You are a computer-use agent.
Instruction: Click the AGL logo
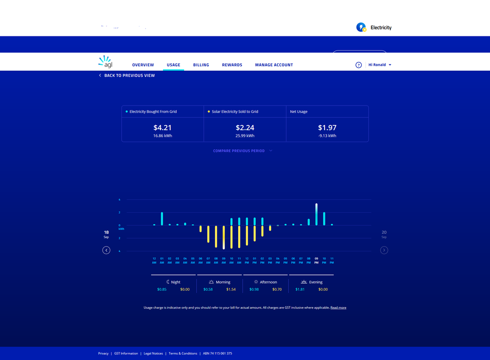(105, 62)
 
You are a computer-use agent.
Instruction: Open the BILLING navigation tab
(201, 65)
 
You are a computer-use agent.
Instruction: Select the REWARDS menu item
(232, 65)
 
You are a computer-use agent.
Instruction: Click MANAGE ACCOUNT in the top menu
(274, 65)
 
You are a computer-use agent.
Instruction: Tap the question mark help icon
(358, 65)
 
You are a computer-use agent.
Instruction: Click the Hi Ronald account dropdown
(380, 65)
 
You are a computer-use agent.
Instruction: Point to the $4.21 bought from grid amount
(163, 128)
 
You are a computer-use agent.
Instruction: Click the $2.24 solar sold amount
(245, 128)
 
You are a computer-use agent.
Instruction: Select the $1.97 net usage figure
(327, 128)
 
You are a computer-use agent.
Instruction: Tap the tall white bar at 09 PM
(316, 214)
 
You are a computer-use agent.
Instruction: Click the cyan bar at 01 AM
(162, 219)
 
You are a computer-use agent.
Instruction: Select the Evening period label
(316, 282)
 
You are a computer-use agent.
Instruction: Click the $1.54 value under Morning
(231, 289)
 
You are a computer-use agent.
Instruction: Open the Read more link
(338, 307)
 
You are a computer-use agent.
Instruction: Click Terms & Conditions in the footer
(183, 353)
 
